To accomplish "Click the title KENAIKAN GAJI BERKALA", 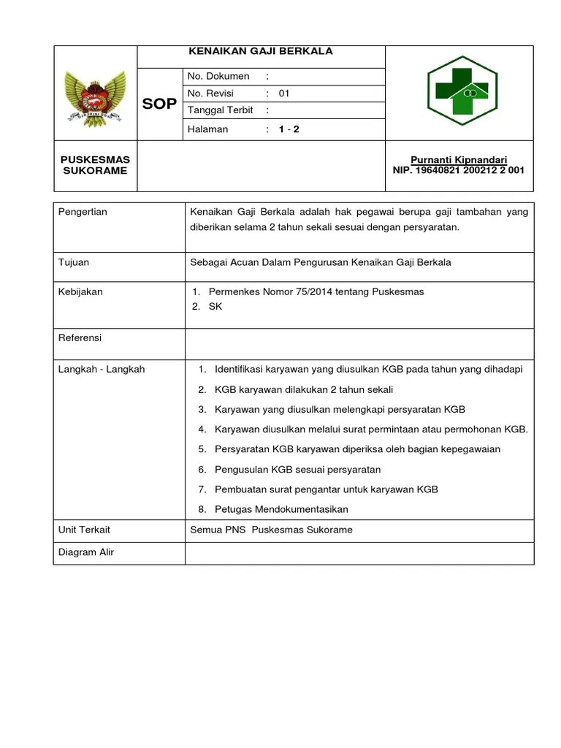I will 261,51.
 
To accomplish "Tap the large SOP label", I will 159,104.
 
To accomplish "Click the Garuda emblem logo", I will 95,95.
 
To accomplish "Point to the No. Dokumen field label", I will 218,76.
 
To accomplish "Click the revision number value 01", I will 284,93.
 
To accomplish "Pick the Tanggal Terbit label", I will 221,110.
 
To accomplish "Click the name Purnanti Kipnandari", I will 459,160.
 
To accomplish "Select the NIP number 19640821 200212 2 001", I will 458,171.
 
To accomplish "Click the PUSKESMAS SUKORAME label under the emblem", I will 95,165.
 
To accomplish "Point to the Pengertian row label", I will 83,212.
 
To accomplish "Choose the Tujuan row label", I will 74,262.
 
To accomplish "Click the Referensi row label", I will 80,338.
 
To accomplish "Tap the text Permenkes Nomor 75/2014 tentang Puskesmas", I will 316,291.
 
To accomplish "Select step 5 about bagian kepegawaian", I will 357,449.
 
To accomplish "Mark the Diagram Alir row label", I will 86,552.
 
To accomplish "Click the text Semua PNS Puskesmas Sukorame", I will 271,530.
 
